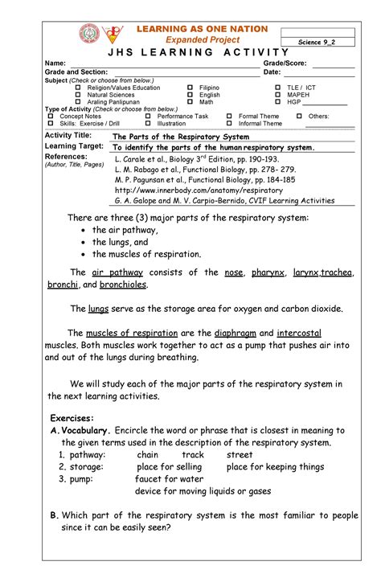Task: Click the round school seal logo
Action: tap(90, 35)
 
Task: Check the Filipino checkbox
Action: tap(191, 87)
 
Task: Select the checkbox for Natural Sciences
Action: tap(79, 95)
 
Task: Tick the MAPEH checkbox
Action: tap(278, 95)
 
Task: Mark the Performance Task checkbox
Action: tap(149, 117)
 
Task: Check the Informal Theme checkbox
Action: tap(230, 124)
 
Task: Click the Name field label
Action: tap(55, 63)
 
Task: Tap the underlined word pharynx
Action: tap(268, 273)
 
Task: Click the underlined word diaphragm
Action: tap(240, 332)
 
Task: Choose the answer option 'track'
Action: tap(193, 454)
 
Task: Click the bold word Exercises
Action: tap(72, 418)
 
